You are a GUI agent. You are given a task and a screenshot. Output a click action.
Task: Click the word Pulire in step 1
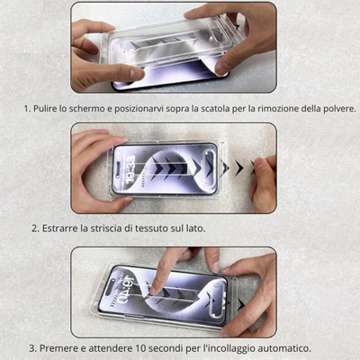45,108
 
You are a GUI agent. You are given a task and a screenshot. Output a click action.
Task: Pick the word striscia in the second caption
106,229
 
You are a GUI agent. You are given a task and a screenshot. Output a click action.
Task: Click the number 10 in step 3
141,348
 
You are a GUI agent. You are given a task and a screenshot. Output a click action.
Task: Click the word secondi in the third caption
166,348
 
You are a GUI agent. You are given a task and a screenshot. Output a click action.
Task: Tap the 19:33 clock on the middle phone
130,169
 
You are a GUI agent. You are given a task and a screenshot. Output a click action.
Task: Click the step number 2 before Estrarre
35,229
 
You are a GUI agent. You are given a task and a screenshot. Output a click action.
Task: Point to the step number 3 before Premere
32,348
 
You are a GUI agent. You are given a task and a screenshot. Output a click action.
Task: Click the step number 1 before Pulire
27,108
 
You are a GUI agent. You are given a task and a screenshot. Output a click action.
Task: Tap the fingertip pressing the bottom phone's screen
154,290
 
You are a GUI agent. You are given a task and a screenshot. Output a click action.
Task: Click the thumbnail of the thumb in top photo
138,74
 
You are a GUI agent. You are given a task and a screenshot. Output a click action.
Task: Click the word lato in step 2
197,229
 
